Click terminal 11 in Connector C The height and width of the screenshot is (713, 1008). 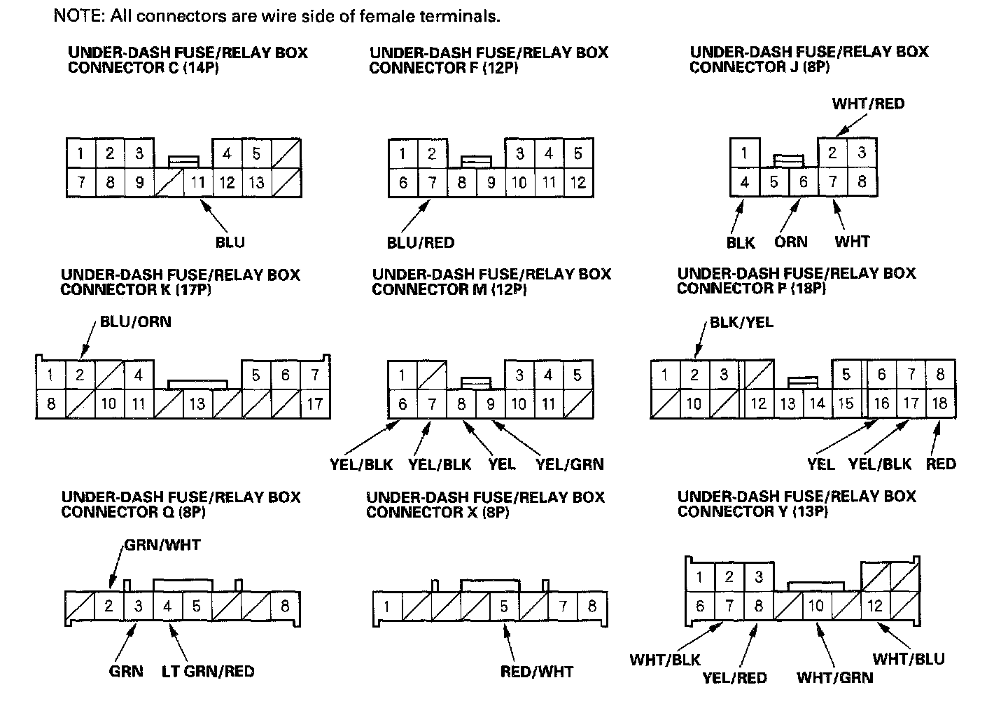(198, 183)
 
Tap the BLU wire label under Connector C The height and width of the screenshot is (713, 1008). (230, 242)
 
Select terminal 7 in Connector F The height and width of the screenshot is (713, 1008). (433, 183)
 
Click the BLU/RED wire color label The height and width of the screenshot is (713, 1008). (420, 242)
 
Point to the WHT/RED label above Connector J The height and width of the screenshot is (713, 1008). (868, 104)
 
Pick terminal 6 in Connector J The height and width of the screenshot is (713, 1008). (803, 183)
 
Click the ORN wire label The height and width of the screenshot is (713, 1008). (790, 242)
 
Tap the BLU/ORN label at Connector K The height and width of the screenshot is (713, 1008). (135, 322)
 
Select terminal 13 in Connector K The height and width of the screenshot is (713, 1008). (197, 404)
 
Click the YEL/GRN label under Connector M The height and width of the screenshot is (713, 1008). (569, 464)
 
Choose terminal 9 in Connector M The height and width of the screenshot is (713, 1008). (491, 404)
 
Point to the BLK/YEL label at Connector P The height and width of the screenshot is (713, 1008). (741, 323)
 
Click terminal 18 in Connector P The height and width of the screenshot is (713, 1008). (939, 403)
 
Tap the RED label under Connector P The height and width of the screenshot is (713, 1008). (940, 464)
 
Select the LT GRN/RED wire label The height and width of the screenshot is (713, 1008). (208, 671)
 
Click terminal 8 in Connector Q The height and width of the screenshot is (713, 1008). (285, 605)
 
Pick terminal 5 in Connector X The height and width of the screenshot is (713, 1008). (504, 606)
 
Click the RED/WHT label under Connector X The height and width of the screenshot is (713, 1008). (536, 672)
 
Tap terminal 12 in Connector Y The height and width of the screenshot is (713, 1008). (875, 606)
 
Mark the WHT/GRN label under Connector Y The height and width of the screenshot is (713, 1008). (834, 677)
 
